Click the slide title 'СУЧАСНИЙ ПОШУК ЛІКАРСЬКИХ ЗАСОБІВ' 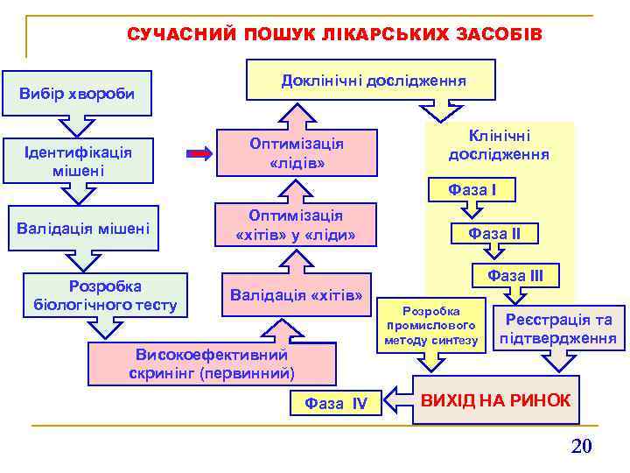334,34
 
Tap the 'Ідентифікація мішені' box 79,161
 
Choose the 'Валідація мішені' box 83,229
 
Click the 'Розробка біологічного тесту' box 104,295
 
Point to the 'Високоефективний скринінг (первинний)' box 212,364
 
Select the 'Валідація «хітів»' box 296,294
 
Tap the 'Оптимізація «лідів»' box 296,153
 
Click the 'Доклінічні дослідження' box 373,81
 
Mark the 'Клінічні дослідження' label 499,145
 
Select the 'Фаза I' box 472,189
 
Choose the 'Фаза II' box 494,234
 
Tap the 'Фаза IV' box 335,403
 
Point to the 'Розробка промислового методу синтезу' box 430,326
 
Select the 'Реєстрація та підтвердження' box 558,328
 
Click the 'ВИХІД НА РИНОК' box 495,400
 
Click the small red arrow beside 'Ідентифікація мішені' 200,155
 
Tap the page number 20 581,446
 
